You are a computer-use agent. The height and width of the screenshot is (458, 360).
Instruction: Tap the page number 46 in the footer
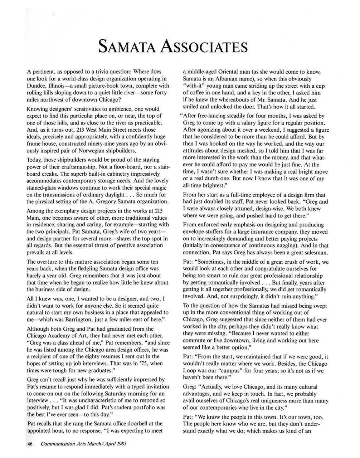(30, 444)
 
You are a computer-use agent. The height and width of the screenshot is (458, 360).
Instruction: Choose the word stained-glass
(45, 187)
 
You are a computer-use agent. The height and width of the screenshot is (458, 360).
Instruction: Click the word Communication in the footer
(59, 444)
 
